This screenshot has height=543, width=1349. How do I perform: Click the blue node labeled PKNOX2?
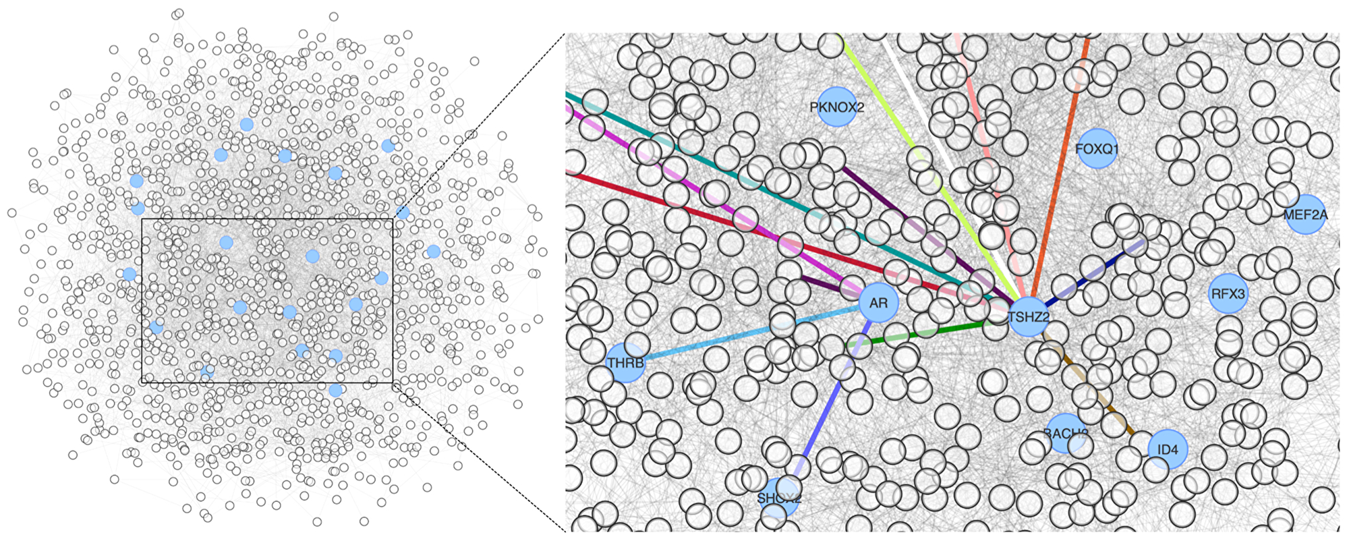pos(837,107)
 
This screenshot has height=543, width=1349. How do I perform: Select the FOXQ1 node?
pos(1097,148)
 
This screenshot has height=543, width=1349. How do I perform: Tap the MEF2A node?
pos(1306,215)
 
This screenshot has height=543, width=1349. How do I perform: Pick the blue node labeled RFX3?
pos(1228,293)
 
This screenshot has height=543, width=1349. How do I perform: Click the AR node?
pos(878,303)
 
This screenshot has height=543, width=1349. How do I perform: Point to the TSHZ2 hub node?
pos(1029,316)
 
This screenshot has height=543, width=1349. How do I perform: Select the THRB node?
pos(625,363)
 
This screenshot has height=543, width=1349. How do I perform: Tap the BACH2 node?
pos(1066,433)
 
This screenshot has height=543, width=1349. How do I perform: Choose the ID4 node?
pos(1168,449)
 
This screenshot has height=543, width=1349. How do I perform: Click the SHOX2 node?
pos(779,498)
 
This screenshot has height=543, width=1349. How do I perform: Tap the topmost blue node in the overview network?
pos(247,124)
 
